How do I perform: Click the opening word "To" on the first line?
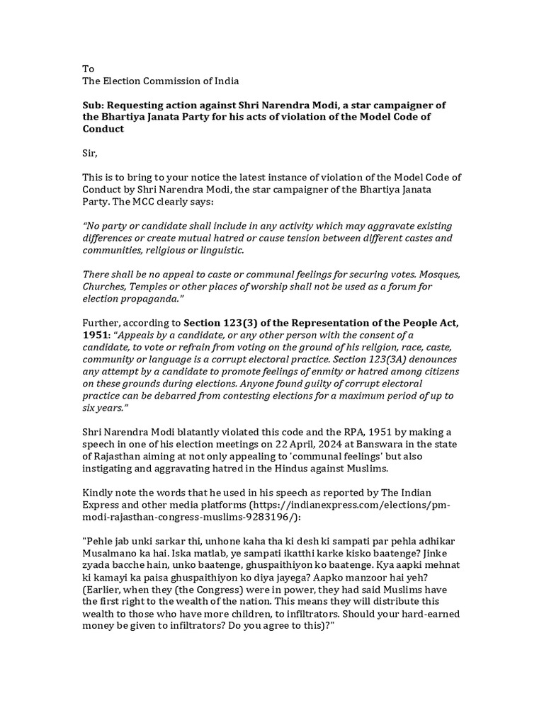click(89, 69)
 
